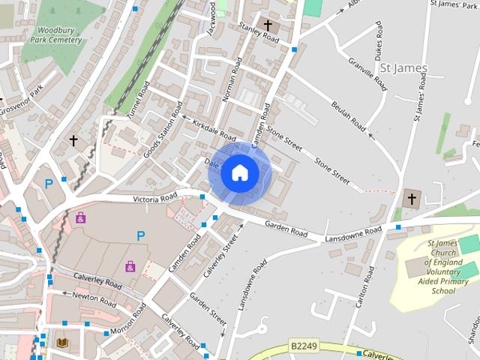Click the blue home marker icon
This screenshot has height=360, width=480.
pos(238,172)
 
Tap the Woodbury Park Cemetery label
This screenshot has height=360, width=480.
pos(52,35)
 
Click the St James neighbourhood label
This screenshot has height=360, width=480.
pos(403,68)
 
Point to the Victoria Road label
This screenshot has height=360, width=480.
pos(155,199)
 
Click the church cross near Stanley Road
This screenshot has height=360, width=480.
pos(268,25)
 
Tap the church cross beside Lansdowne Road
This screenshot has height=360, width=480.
pos(410,199)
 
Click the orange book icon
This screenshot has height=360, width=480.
pos(63,343)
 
